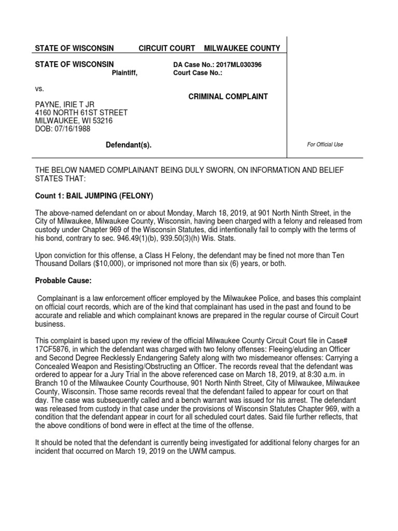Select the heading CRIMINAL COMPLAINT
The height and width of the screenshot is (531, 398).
pos(228,96)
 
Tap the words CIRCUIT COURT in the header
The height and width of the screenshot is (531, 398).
pos(166,48)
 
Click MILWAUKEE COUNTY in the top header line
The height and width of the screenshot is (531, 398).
pos(242,48)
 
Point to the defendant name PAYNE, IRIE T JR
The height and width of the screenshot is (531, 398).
pos(65,105)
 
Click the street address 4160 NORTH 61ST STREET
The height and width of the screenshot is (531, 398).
pos(81,113)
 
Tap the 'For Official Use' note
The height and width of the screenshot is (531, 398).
pos(325,145)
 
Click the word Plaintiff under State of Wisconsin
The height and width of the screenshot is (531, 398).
pos(125,73)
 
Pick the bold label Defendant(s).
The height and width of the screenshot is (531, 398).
pos(129,145)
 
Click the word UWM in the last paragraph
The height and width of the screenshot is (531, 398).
pos(191,451)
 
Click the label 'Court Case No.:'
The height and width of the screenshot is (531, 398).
pos(197,73)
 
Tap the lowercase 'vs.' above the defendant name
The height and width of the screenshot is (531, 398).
pos(39,89)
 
